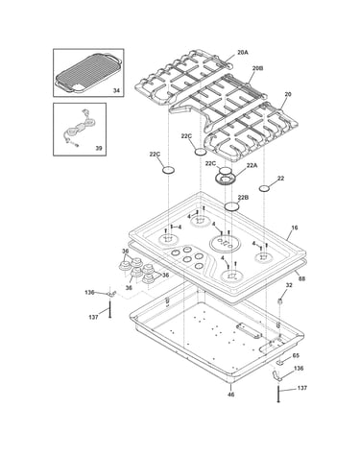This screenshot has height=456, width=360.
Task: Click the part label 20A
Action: click(x=243, y=53)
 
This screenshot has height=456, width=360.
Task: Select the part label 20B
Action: click(x=257, y=68)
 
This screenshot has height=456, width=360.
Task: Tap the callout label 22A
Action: click(x=252, y=165)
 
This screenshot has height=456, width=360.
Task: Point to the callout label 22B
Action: click(x=243, y=198)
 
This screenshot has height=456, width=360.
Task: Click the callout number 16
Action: click(x=295, y=228)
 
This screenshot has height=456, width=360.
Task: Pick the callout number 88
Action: click(x=301, y=278)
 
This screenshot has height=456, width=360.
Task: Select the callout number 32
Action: click(x=289, y=285)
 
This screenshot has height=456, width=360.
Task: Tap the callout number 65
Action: click(x=296, y=355)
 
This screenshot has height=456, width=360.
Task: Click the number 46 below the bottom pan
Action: click(x=230, y=395)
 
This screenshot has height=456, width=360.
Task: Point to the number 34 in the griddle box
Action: click(x=116, y=91)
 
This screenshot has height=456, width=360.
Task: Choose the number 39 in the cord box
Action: click(x=99, y=148)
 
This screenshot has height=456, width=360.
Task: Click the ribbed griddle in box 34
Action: click(x=88, y=73)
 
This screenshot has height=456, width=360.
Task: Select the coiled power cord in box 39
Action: click(x=79, y=129)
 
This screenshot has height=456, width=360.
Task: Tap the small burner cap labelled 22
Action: click(x=265, y=188)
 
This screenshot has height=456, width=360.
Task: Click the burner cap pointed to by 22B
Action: click(x=231, y=206)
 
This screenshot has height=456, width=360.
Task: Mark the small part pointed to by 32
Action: click(x=281, y=300)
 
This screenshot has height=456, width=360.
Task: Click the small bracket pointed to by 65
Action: click(x=280, y=362)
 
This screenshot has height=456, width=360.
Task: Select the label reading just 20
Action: click(x=288, y=94)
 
